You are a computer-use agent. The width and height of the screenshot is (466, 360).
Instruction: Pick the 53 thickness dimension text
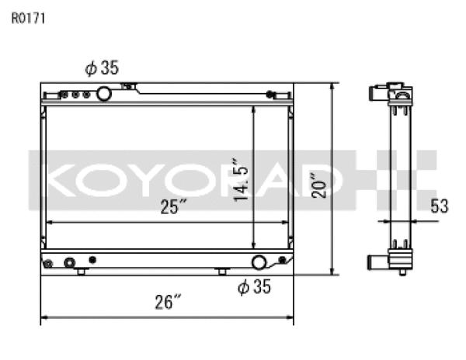440,206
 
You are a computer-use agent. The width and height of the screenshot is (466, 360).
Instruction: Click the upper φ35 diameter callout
102,69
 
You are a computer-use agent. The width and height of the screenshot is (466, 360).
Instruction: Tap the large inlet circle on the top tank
103,95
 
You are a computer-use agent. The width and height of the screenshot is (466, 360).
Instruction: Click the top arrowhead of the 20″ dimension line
332,86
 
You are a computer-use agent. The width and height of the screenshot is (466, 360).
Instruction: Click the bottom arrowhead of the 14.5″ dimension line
253,245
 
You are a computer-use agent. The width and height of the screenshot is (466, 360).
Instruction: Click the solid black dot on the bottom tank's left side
92,259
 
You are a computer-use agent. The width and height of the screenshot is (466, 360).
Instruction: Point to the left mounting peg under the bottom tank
81,272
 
